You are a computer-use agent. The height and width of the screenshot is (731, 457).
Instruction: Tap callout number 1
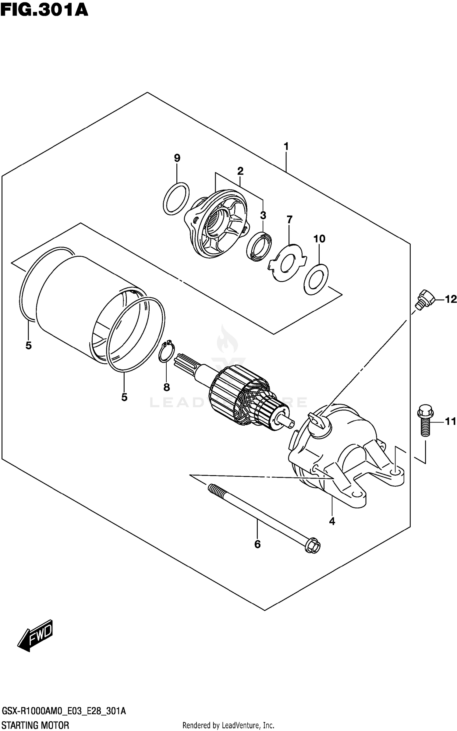coord(286,147)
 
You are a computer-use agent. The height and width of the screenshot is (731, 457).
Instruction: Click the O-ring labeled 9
coord(176,199)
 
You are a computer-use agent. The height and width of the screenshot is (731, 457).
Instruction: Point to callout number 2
coord(240,171)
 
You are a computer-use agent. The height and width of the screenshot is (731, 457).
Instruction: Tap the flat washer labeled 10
coord(316,280)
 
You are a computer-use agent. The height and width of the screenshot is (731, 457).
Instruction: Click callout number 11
coord(451,422)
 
